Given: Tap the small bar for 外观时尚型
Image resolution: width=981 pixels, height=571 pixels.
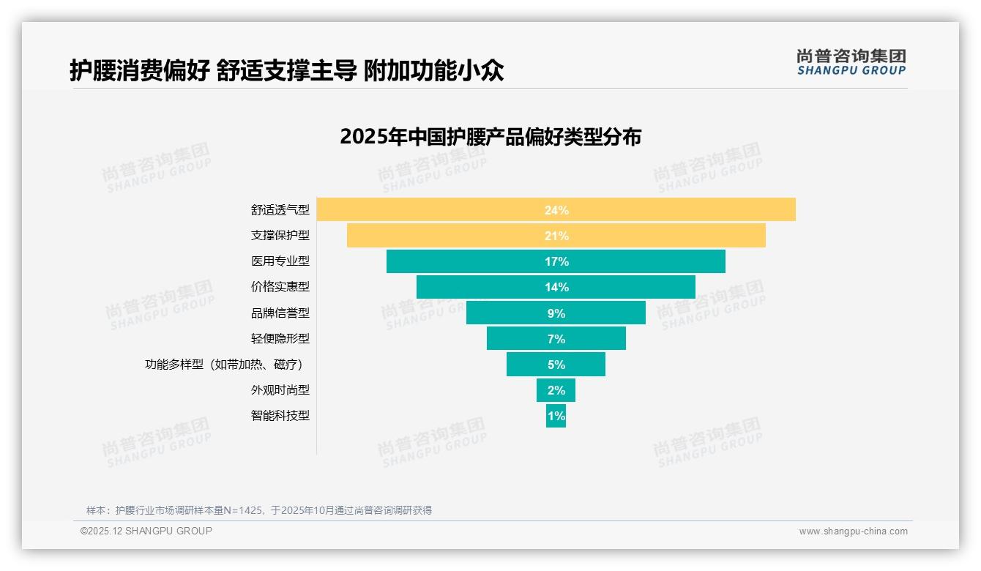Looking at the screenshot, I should (556, 390).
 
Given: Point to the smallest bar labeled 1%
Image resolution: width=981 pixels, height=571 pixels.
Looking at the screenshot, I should (556, 416).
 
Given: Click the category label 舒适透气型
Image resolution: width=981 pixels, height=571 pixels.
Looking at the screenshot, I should (280, 210).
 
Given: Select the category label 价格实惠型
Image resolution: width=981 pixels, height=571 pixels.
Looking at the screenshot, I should (280, 287).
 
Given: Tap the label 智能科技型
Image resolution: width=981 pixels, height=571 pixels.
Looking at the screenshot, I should (280, 416).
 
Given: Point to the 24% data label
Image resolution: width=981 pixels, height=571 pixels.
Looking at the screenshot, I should (556, 210).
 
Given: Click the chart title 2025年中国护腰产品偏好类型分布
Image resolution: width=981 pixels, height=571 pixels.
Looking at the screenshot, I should (490, 137).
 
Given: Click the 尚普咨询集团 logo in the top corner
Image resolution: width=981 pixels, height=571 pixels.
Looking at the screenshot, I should (851, 62).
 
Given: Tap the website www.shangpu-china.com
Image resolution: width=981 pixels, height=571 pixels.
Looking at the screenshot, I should (853, 531).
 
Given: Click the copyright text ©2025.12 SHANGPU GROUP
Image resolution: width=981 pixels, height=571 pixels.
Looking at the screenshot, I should (146, 531).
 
